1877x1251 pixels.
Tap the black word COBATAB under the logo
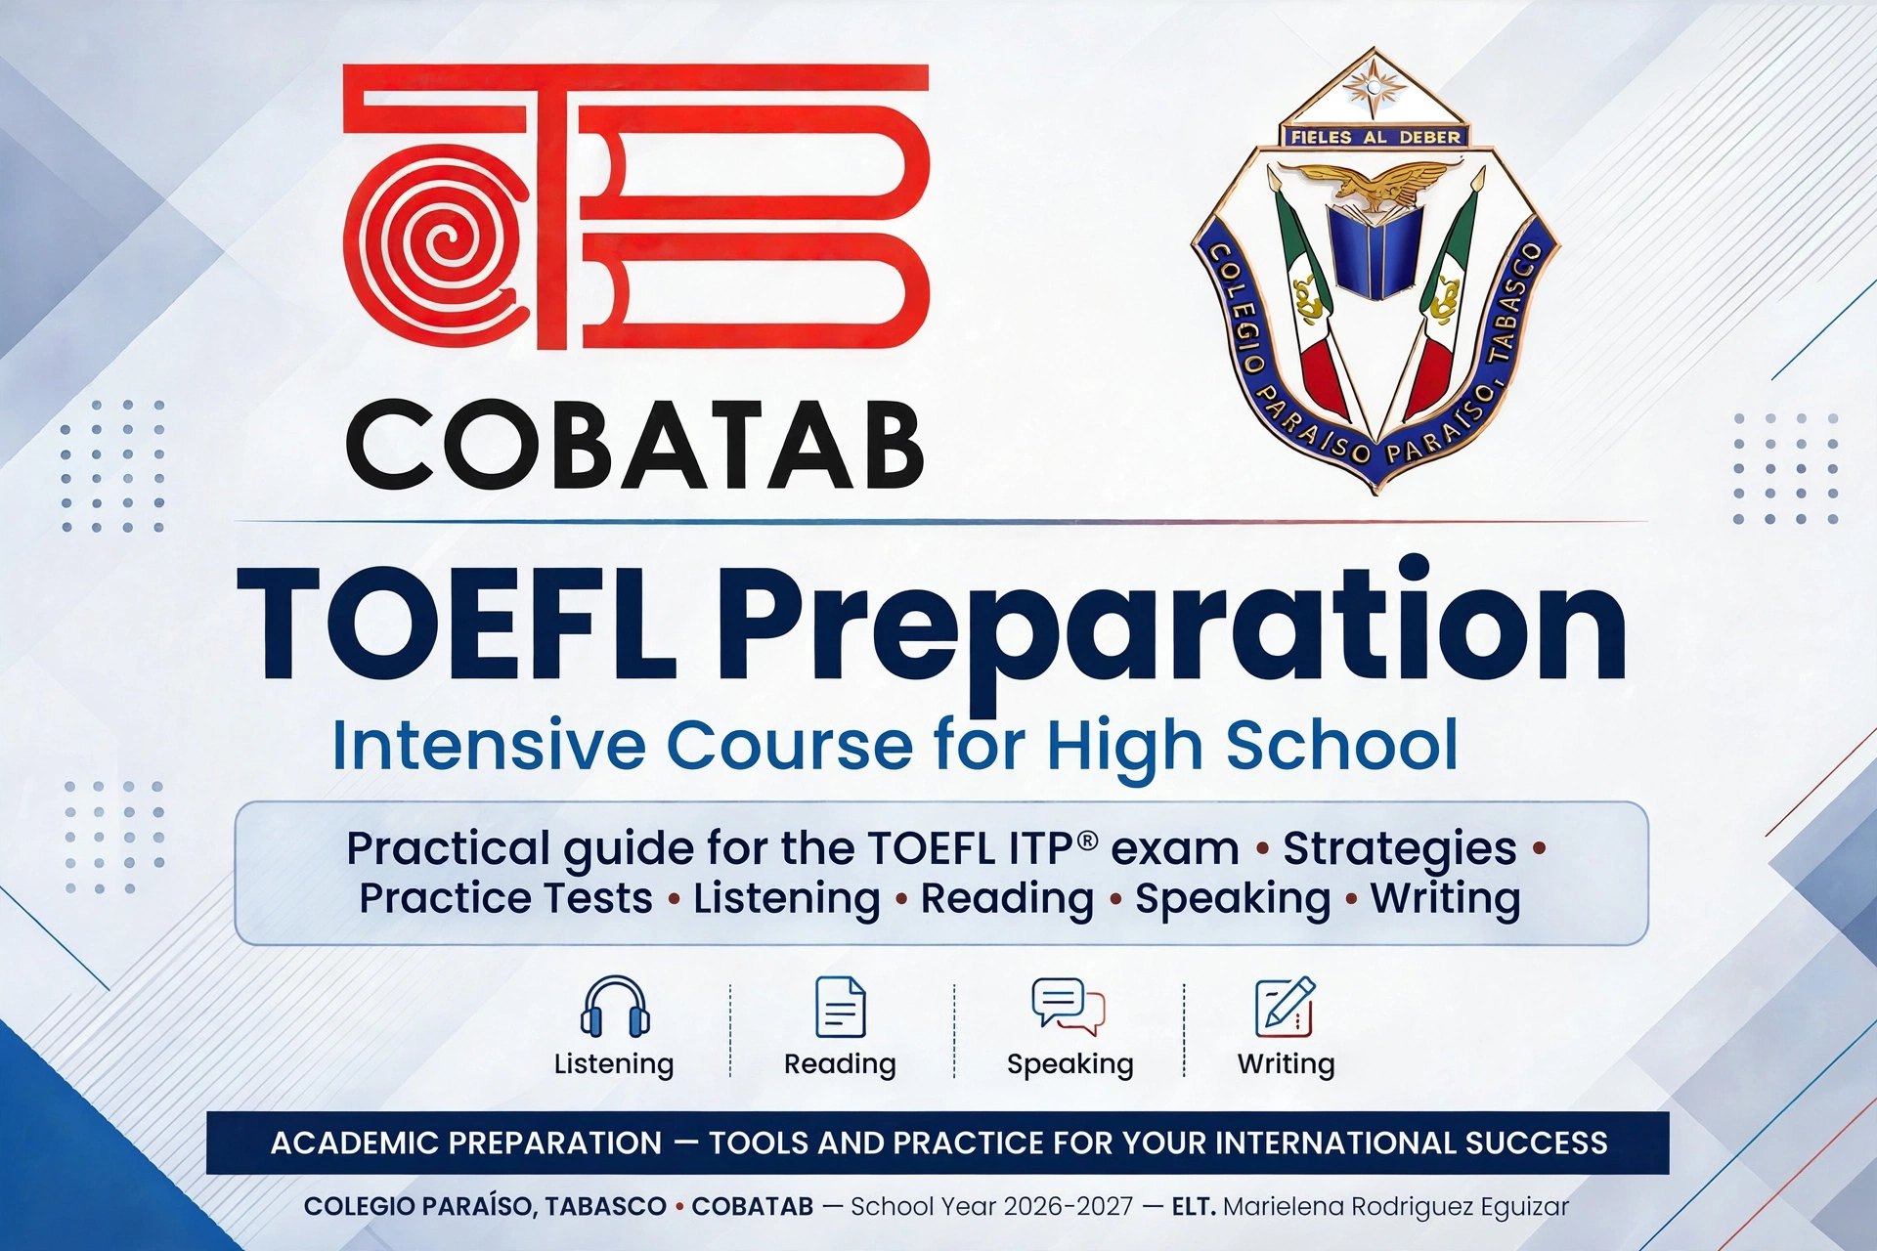coord(635,445)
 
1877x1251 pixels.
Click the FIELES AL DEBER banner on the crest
coord(1375,137)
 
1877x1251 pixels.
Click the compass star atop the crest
coord(1374,86)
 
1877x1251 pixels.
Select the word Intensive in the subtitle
coord(489,746)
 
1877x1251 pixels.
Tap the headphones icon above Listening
coord(615,1007)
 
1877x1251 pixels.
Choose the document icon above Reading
coord(841,1007)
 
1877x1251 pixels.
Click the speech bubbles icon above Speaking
coord(1069,1007)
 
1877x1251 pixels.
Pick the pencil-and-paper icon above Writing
coord(1286,1007)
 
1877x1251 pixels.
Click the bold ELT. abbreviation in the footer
coord(1194,1207)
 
